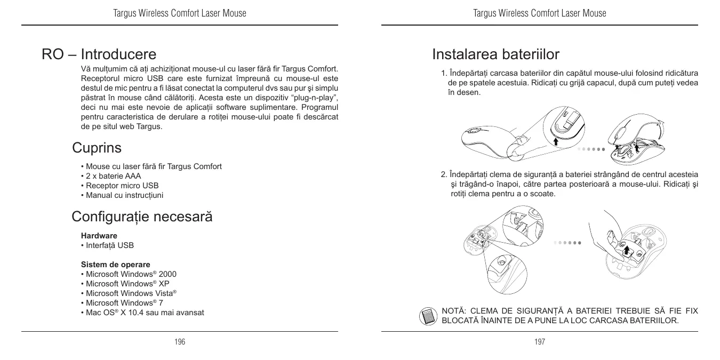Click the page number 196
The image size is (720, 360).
click(x=180, y=341)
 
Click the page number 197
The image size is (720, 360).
click(x=540, y=341)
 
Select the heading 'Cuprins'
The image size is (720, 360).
click(x=97, y=147)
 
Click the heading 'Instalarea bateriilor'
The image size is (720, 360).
click(x=495, y=54)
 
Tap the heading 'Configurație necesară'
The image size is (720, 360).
click(x=142, y=217)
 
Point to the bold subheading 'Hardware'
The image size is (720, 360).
click(x=99, y=235)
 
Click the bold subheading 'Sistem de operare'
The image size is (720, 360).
click(x=115, y=265)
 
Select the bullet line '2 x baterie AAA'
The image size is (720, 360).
click(x=113, y=176)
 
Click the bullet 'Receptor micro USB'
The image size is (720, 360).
click(x=122, y=186)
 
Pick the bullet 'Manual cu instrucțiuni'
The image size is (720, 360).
click(x=125, y=195)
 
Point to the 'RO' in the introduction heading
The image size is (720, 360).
click(x=52, y=54)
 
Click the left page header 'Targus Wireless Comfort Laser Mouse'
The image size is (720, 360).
click(x=180, y=13)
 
